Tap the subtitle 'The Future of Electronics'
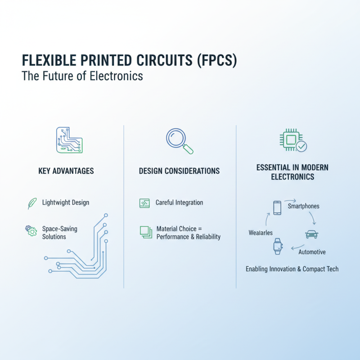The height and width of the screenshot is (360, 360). coord(82,76)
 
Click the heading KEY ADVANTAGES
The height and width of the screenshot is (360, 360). coord(66,171)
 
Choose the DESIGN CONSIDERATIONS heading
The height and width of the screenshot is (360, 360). coord(179,171)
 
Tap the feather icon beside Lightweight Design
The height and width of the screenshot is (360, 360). coord(31,203)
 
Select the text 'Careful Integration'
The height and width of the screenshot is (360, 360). coord(179,203)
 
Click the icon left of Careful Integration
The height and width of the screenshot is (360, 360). coord(144,203)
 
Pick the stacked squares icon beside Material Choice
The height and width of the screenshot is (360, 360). coord(144,232)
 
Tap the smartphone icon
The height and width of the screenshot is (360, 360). coord(277,207)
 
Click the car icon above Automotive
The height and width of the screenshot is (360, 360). coord(311,234)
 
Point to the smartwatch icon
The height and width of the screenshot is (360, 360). coord(277,246)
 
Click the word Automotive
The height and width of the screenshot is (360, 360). coord(312,252)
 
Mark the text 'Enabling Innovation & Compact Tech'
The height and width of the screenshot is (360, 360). coord(292,269)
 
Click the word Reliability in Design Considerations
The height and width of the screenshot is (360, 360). coord(205,237)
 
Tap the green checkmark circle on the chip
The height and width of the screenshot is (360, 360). coord(301,146)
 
